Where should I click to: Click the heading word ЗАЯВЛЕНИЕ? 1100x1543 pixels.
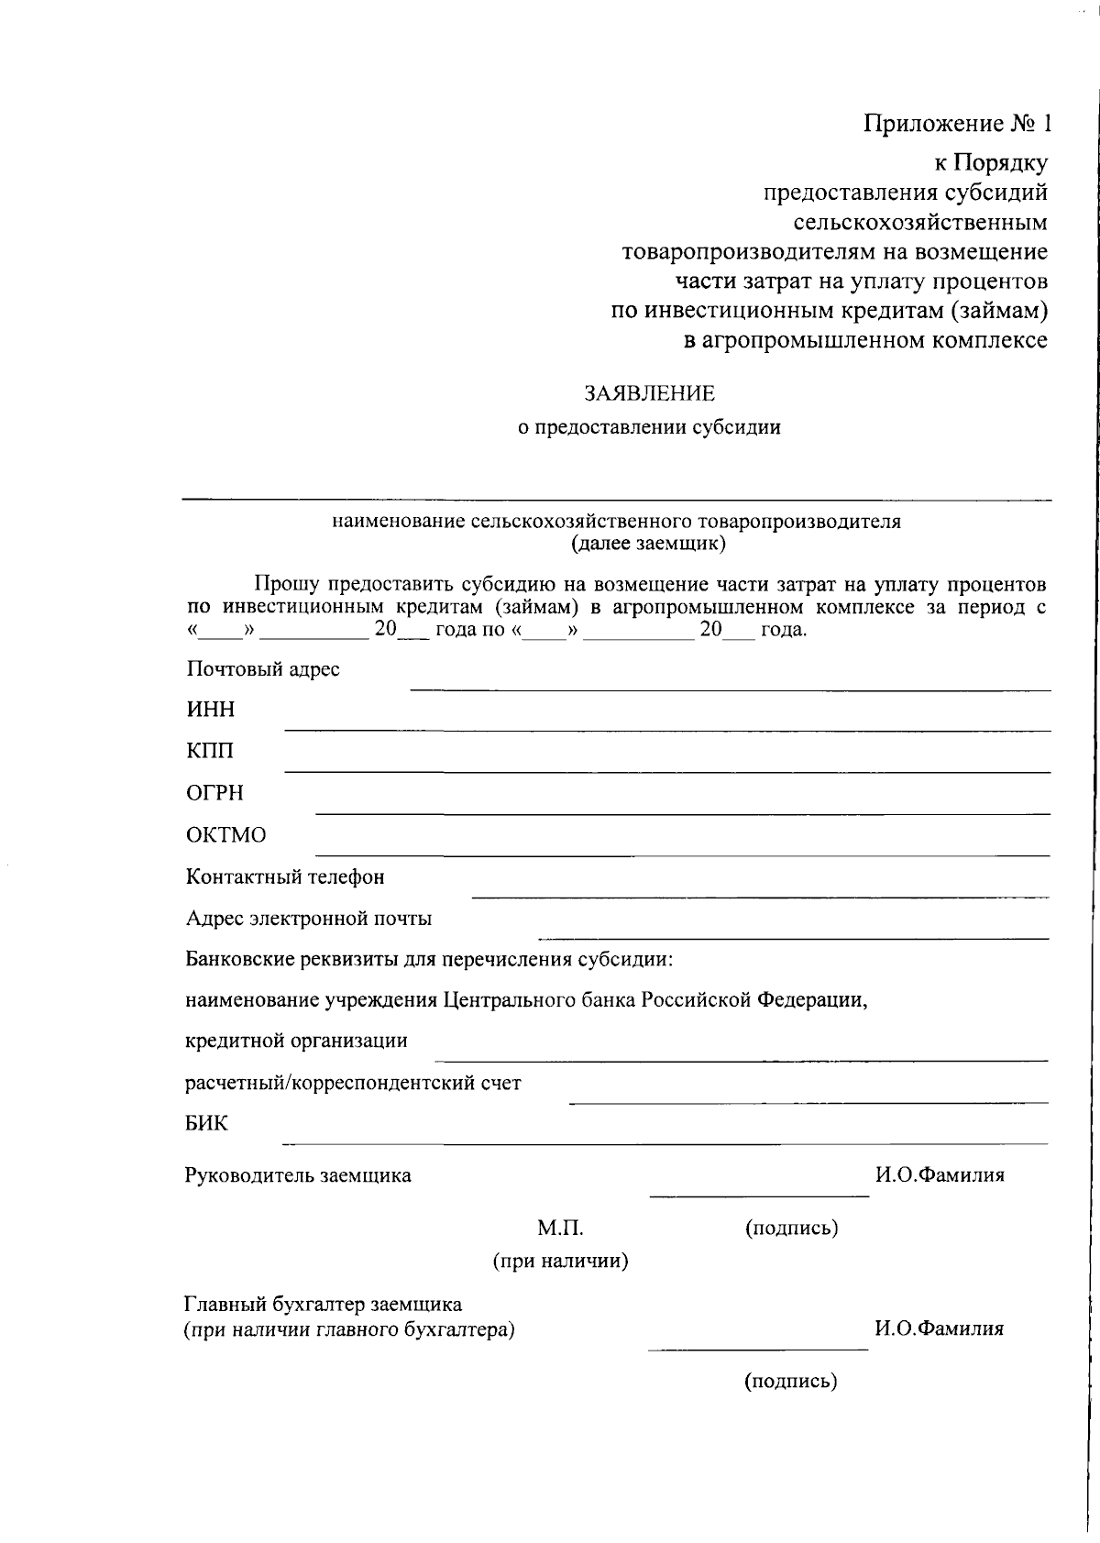click(x=650, y=393)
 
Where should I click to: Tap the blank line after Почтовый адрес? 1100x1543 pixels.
click(x=730, y=689)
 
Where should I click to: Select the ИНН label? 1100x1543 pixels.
click(x=211, y=710)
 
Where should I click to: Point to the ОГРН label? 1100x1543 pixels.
click(x=215, y=793)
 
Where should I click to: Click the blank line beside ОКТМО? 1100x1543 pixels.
click(x=682, y=854)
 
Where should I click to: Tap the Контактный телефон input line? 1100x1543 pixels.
click(x=760, y=896)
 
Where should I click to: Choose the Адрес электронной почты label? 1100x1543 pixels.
click(x=309, y=919)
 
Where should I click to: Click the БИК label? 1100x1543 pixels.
click(x=206, y=1123)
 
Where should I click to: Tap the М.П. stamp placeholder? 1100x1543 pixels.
click(x=560, y=1228)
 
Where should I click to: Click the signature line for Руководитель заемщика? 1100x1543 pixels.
click(x=759, y=1196)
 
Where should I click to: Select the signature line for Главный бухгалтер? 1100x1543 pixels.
click(x=757, y=1349)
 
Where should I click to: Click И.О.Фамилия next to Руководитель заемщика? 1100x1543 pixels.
click(x=940, y=1175)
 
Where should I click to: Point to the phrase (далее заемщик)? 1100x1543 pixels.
click(x=648, y=545)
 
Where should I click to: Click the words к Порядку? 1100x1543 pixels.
click(x=990, y=163)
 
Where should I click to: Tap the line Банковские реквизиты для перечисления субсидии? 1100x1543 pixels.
click(x=430, y=960)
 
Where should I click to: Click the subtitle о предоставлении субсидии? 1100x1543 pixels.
click(x=649, y=427)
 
